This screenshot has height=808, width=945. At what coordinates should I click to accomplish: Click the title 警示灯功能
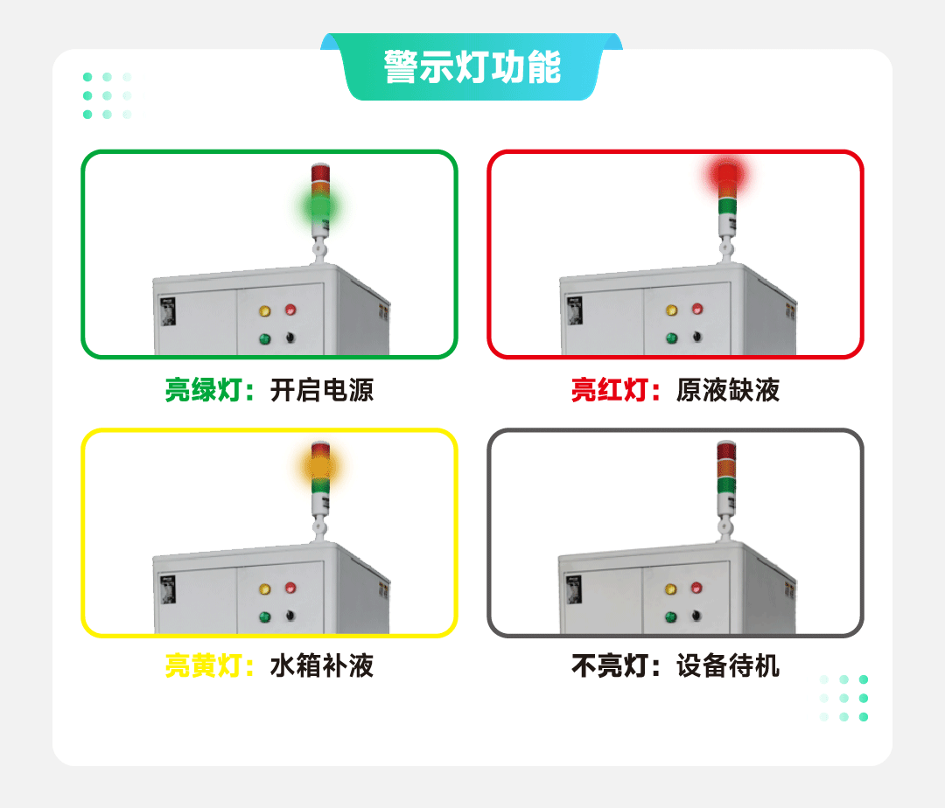tap(472, 68)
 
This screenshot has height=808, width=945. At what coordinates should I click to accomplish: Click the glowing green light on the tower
tap(320, 207)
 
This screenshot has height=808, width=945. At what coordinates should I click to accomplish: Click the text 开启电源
tap(321, 390)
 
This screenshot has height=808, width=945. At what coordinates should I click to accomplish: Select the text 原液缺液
tap(727, 390)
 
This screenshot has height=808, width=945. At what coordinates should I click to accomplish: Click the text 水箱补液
tap(321, 666)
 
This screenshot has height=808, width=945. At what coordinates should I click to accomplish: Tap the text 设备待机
tap(727, 666)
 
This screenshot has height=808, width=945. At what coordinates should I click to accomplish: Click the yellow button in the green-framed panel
tap(265, 310)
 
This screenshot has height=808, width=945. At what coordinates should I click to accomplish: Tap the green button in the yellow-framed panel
tap(264, 617)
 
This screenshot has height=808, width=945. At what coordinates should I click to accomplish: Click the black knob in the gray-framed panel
tap(697, 617)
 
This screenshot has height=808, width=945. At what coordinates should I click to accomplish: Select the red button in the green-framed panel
tap(290, 310)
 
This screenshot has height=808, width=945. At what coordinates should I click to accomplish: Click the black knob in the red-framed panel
tap(697, 337)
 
